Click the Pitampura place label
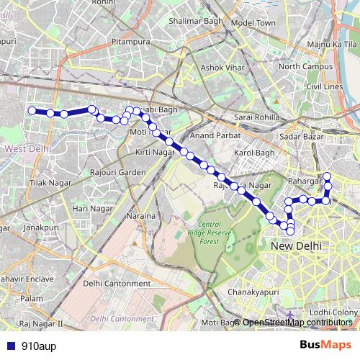click(x=130, y=42)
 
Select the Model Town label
click(x=253, y=23)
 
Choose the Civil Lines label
click(x=324, y=86)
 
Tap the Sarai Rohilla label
click(x=253, y=117)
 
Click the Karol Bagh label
click(x=255, y=153)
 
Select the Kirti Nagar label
click(x=156, y=153)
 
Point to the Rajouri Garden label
click(x=118, y=173)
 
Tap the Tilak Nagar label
click(x=48, y=184)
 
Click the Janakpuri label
click(x=40, y=226)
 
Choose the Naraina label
click(x=140, y=216)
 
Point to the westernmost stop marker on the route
click(x=32, y=110)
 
